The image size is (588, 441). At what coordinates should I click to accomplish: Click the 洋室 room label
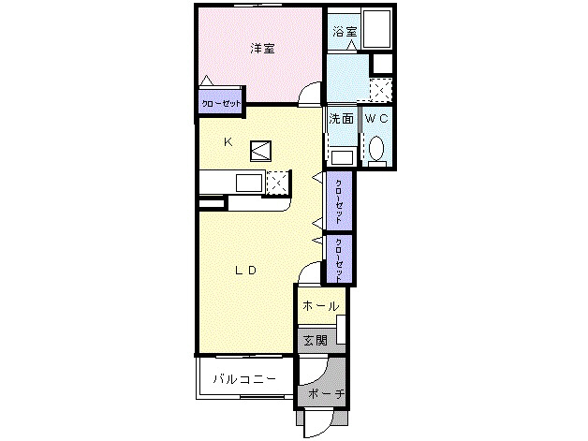point(261,48)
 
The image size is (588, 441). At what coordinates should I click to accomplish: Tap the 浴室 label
point(344,31)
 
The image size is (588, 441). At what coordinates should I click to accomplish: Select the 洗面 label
point(340,119)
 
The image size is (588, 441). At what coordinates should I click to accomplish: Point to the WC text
point(376,119)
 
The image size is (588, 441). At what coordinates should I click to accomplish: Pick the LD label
point(245,271)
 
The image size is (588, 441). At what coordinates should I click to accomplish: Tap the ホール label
point(320,306)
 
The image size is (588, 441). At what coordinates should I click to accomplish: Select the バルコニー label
point(243,379)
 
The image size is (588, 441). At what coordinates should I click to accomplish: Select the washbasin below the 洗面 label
point(341,156)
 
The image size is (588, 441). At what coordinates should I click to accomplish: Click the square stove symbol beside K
point(260,147)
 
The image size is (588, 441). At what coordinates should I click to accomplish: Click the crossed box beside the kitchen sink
point(277,182)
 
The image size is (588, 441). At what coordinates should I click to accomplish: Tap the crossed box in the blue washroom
point(379,90)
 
